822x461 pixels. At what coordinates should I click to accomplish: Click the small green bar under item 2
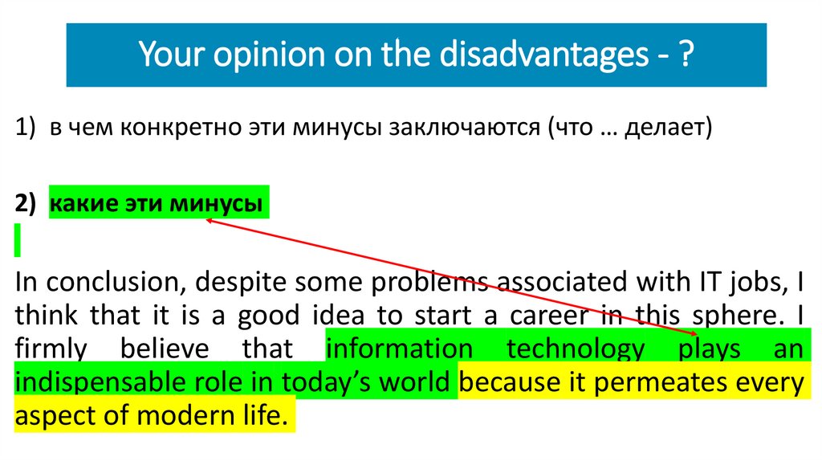[x=18, y=241]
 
